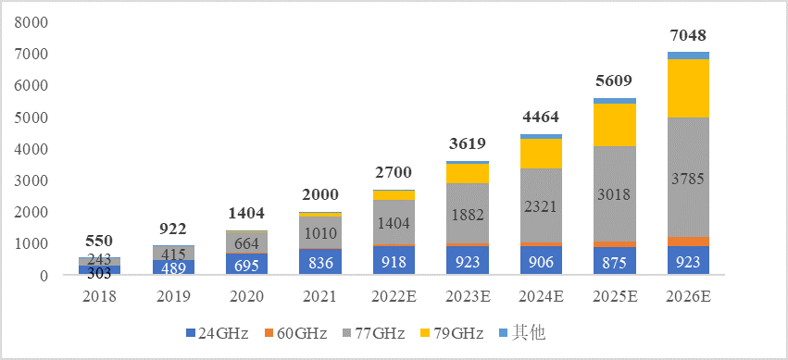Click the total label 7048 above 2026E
(x=688, y=36)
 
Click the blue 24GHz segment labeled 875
(x=615, y=262)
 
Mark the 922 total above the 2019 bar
(x=174, y=230)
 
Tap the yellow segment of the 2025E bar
(x=615, y=124)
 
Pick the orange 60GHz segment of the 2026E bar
(x=688, y=242)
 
